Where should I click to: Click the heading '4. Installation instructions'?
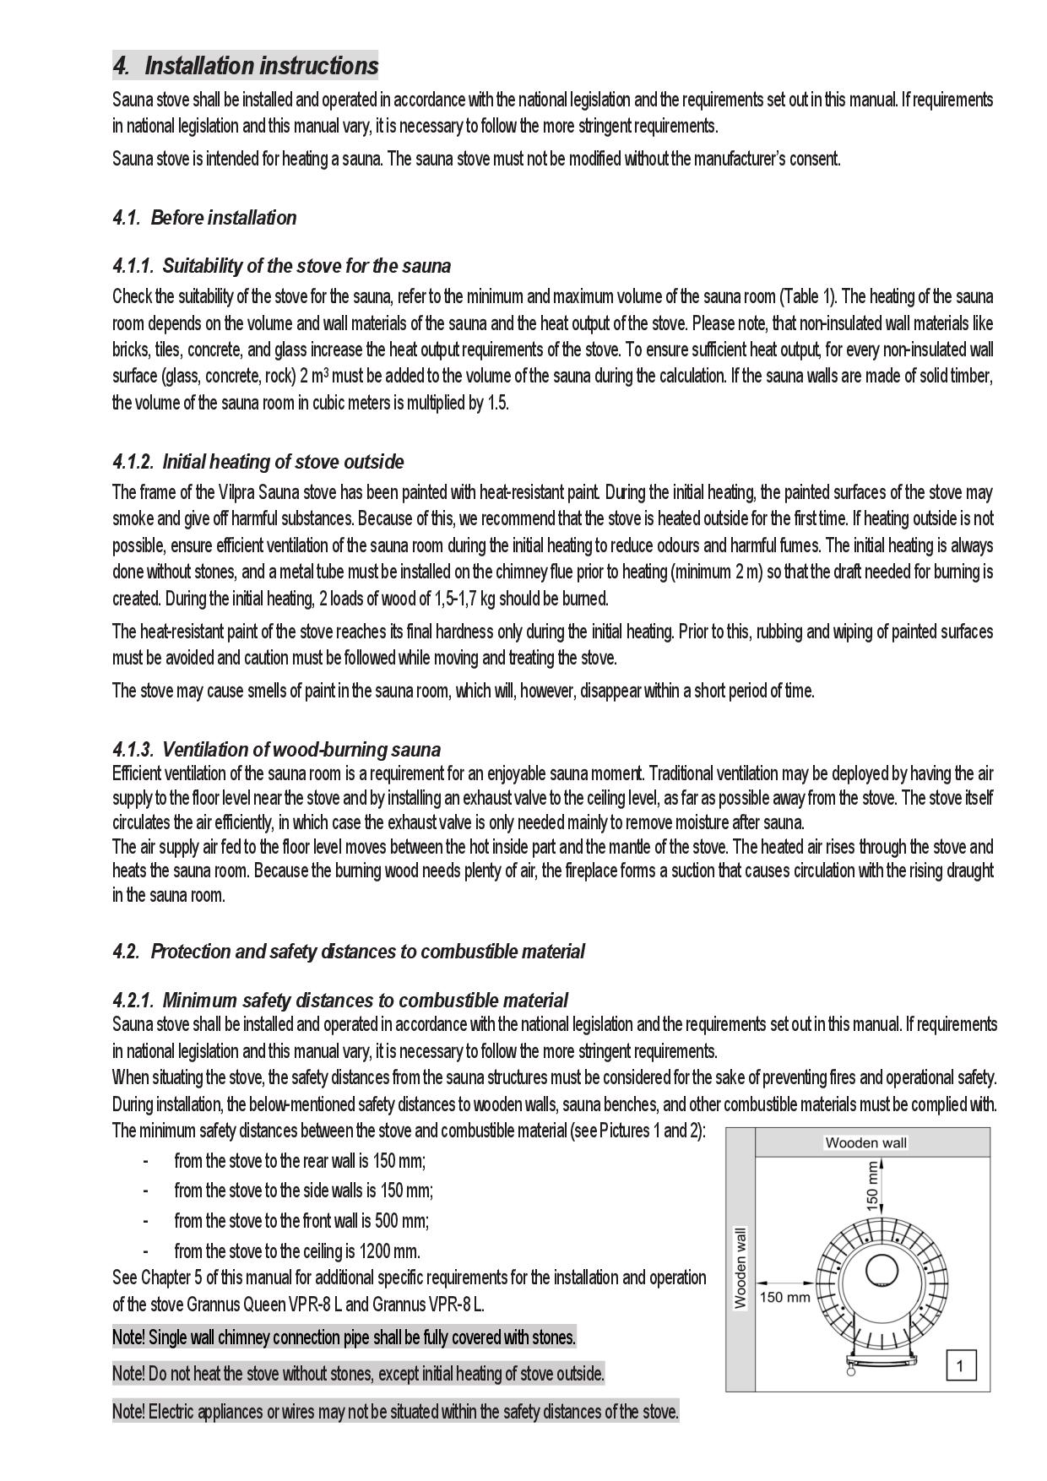tap(246, 66)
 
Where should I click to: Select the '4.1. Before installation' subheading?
tap(204, 218)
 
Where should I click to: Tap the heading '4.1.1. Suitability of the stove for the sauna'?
tap(281, 266)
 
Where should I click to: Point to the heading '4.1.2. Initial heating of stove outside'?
tap(258, 462)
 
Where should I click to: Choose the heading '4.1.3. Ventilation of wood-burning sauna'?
tap(276, 749)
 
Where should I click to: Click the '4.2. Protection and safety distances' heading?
tap(348, 952)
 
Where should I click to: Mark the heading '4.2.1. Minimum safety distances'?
tap(339, 1001)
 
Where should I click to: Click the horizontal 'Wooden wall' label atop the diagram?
tap(865, 1143)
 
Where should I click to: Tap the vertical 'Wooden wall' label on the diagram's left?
tap(740, 1268)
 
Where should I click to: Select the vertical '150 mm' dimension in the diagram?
tap(872, 1185)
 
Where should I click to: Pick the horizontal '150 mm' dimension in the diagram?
tap(784, 1297)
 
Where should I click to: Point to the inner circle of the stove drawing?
tap(881, 1272)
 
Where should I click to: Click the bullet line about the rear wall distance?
tap(300, 1161)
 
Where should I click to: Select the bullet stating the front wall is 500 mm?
tap(301, 1221)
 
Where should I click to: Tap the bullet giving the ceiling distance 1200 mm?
tap(296, 1251)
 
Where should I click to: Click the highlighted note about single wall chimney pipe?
tap(344, 1337)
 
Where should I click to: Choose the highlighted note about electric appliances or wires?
tap(395, 1411)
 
